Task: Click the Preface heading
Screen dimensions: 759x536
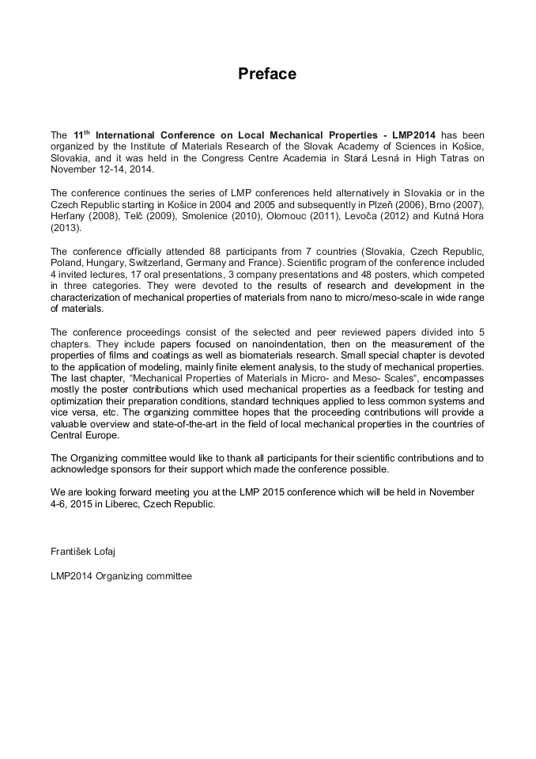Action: (267, 74)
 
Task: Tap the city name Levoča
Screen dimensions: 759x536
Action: (344, 216)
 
